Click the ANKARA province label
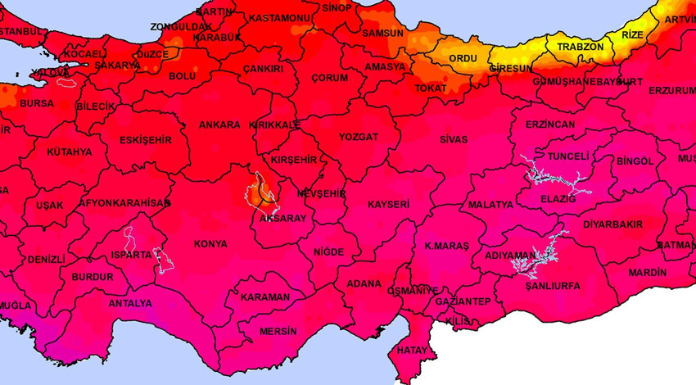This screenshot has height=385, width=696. coord(219,125)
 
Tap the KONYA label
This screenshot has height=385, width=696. coord(210,244)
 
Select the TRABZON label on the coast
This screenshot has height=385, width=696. coord(580,48)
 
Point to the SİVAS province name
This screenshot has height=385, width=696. coord(453,140)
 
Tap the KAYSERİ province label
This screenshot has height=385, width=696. coord(388,203)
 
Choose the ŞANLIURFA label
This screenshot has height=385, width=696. coord(553,286)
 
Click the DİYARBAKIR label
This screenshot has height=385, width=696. coord(612,224)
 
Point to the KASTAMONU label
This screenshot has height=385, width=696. coord(278,18)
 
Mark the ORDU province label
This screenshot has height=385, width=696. coord(463,59)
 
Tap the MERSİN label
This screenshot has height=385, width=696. coord(278,332)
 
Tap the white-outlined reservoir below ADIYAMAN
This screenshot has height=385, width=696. coord(528,260)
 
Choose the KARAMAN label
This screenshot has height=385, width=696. coord(265,297)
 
